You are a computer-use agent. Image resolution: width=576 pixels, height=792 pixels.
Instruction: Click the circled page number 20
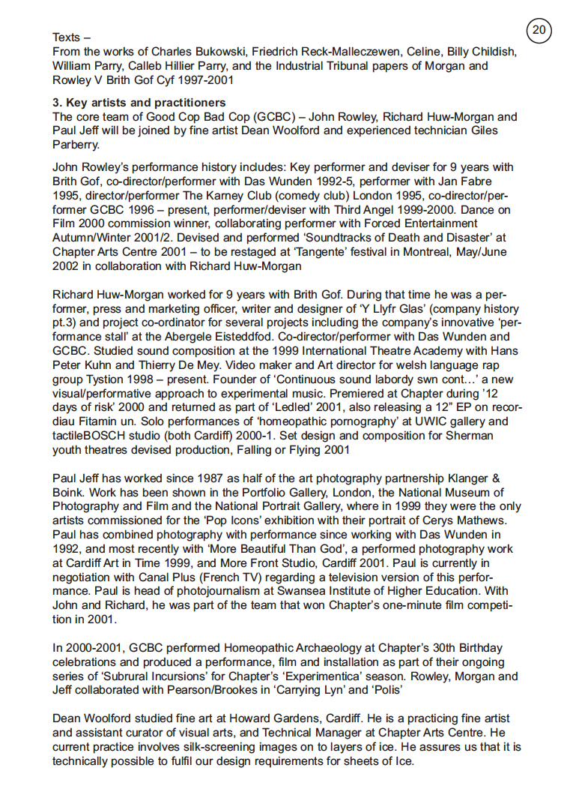539,30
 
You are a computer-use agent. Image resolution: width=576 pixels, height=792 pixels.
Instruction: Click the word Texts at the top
66,37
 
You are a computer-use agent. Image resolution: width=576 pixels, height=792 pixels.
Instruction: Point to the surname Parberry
76,145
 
